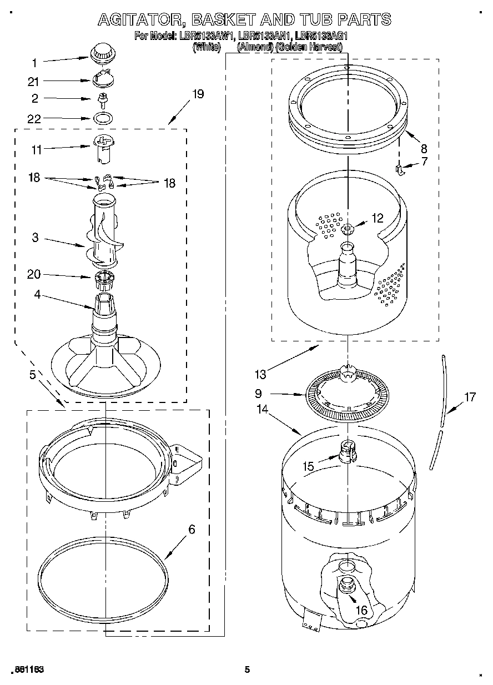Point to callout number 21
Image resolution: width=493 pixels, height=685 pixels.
click(33, 82)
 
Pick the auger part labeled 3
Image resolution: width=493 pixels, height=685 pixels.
click(104, 236)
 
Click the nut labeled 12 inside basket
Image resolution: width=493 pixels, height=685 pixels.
click(348, 228)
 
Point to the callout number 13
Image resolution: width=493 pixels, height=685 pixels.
click(260, 375)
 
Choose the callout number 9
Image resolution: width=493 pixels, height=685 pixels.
click(258, 394)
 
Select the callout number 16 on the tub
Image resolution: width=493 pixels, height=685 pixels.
click(361, 610)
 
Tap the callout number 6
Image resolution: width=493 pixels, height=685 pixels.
click(192, 529)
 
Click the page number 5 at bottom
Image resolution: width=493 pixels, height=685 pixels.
click(248, 669)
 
